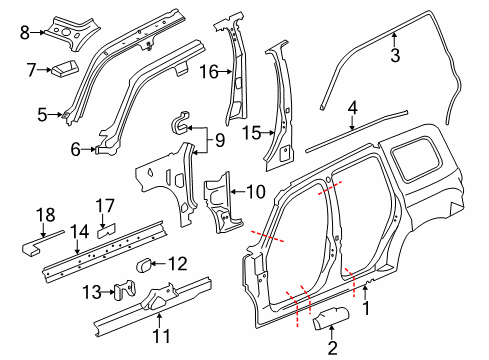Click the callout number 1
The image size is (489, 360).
[378, 308]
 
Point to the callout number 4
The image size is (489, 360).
[352, 106]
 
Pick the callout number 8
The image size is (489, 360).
[25, 32]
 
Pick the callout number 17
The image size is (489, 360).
[106, 206]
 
